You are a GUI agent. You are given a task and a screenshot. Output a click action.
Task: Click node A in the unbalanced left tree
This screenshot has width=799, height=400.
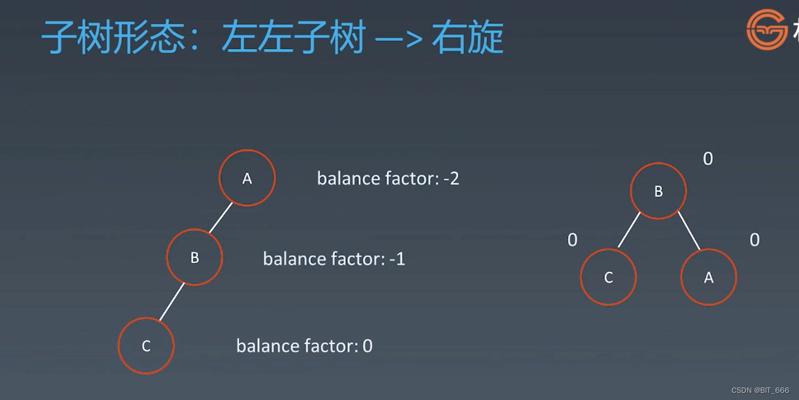pos(247,178)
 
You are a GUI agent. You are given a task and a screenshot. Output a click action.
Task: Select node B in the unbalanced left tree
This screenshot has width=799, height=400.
pos(195,257)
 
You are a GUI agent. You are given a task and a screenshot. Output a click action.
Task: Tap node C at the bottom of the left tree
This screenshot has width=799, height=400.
pos(146,346)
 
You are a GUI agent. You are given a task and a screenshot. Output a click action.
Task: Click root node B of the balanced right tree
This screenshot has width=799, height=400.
pos(658,191)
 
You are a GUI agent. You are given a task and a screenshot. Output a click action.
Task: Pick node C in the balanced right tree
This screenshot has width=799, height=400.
pos(608,277)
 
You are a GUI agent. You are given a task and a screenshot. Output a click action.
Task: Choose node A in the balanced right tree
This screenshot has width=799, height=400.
pos(709,277)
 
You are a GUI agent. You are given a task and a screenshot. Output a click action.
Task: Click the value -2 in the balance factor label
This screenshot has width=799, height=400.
pos(451,179)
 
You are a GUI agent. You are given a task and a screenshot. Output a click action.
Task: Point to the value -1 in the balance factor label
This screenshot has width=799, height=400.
pos(397,259)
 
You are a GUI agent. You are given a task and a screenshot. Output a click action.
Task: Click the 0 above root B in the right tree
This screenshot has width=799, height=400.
pos(708,159)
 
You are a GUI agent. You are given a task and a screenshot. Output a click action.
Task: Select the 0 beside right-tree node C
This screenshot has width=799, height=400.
pos(573,240)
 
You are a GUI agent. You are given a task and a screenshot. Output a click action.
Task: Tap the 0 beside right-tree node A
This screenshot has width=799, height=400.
pos(755,240)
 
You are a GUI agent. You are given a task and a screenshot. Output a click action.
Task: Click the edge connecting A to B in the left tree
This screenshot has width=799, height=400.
pos(221,218)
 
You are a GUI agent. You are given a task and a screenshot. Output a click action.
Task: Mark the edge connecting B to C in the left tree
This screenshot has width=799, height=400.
pos(172,302)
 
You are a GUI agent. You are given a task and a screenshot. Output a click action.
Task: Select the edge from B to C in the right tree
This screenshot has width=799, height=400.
pos(629,230)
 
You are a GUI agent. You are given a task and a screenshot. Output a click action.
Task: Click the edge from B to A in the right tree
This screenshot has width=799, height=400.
pos(689,231)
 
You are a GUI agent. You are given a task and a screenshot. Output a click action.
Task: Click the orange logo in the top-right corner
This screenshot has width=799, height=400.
pos(767,30)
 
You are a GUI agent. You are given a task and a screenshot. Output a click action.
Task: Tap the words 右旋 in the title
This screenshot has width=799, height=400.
pos(467,37)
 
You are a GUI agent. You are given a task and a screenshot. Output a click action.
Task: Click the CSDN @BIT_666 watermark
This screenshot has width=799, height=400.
pos(760,390)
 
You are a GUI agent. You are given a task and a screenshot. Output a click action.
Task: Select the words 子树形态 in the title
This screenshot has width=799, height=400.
pos(113,37)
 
